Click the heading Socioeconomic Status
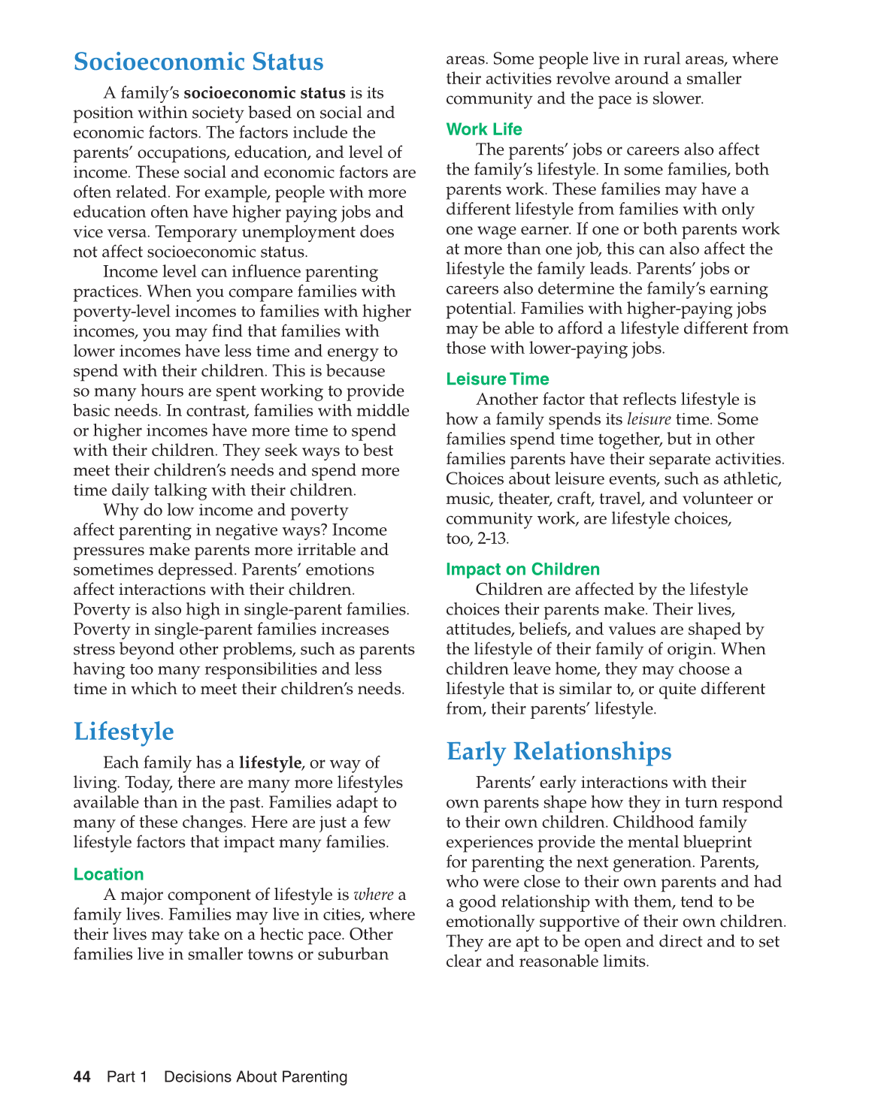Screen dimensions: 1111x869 (198, 62)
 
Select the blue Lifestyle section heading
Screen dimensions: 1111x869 (123, 731)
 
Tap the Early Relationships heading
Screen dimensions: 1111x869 (559, 751)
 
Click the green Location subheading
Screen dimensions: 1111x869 (108, 874)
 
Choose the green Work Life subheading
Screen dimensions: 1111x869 (483, 129)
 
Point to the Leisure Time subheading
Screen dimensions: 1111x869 (497, 379)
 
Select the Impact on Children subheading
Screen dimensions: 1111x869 (522, 569)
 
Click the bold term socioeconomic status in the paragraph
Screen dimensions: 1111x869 (265, 93)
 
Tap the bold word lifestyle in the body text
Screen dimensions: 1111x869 (270, 762)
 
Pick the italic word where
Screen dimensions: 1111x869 (374, 895)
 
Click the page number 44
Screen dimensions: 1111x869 (82, 1077)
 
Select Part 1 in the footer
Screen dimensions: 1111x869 (127, 1077)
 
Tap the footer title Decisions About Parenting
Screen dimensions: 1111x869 (256, 1077)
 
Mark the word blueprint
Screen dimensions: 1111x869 (714, 842)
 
